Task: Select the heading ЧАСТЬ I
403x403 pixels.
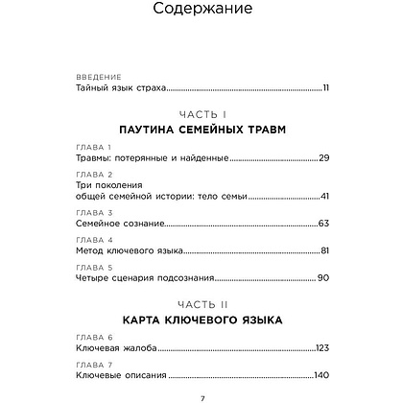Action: point(201,112)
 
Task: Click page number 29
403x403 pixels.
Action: point(323,156)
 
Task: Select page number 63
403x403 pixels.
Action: point(323,224)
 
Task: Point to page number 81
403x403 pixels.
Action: point(324,251)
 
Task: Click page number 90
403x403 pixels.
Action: point(323,279)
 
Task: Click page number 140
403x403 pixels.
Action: point(321,376)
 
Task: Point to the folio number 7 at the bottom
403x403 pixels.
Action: point(201,396)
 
